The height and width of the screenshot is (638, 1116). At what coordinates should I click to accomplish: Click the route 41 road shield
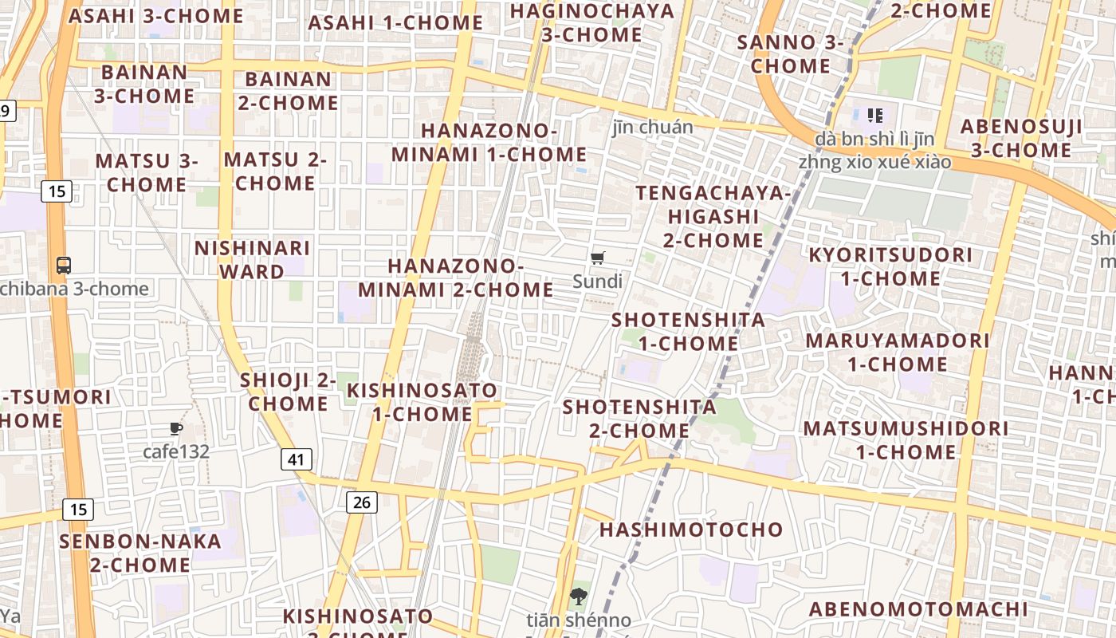[296, 459]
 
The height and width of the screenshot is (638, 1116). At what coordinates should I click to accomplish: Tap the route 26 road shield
[362, 502]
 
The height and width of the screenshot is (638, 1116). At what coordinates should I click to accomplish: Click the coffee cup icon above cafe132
[176, 429]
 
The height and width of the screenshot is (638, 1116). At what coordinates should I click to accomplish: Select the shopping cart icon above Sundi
[598, 258]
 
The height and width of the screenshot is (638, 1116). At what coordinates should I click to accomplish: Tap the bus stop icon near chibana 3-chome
[64, 266]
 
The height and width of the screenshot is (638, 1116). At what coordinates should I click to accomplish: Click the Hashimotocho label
[691, 530]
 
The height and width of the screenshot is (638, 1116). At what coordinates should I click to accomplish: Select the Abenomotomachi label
[918, 609]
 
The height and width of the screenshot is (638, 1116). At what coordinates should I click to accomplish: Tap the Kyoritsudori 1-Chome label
[890, 266]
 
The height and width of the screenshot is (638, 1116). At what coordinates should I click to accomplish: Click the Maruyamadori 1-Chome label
[898, 352]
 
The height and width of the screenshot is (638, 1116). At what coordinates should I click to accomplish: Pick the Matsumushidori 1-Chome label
[906, 439]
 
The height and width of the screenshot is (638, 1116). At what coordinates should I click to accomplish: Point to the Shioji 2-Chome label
[288, 392]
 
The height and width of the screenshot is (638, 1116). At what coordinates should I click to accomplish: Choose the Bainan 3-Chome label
[144, 84]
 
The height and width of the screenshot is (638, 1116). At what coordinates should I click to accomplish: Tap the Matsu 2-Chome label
[275, 171]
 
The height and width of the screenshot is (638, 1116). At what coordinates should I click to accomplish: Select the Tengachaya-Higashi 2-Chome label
[713, 216]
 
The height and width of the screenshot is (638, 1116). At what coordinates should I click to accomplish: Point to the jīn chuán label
[653, 127]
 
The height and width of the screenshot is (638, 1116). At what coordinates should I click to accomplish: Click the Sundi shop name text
[598, 281]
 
